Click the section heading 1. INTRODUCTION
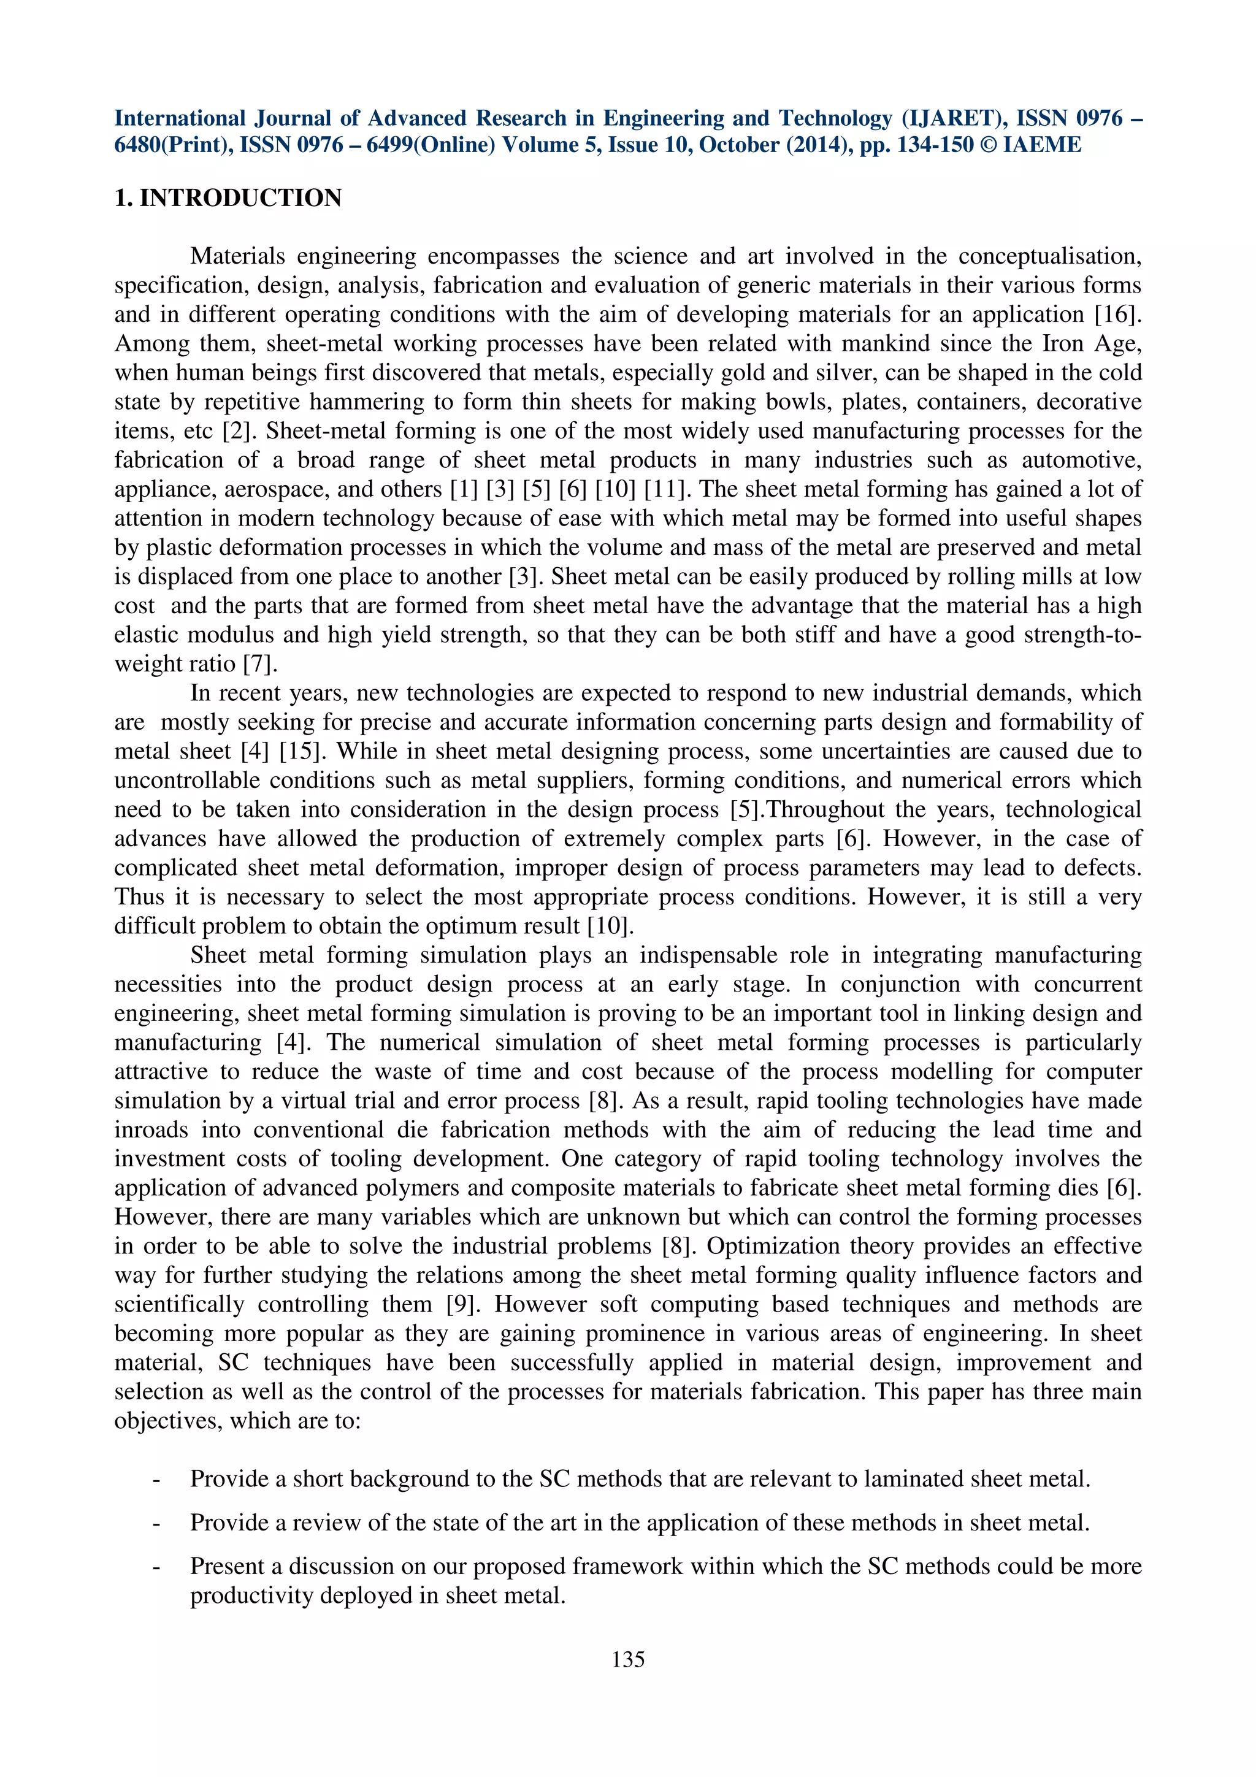tap(228, 198)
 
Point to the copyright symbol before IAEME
tap(987, 145)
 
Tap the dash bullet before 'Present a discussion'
tap(158, 1567)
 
